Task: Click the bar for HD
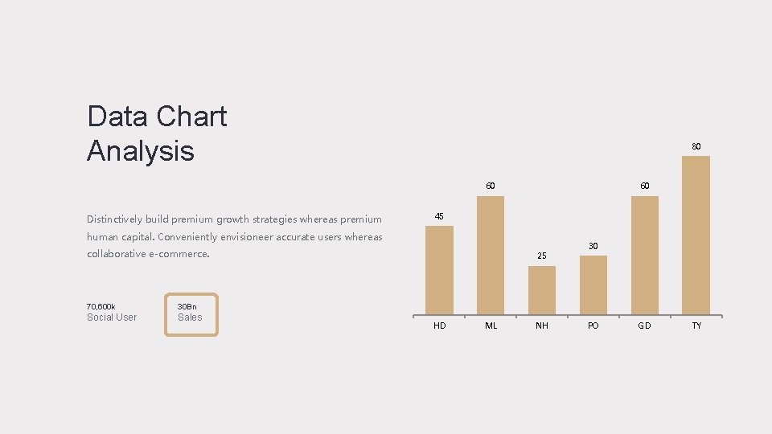pyautogui.click(x=439, y=269)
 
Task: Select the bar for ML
pyautogui.click(x=491, y=255)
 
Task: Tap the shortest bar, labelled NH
pyautogui.click(x=542, y=289)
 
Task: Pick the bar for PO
pyautogui.click(x=593, y=285)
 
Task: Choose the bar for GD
pyautogui.click(x=645, y=255)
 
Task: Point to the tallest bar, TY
pyautogui.click(x=696, y=235)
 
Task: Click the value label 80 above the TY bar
pyautogui.click(x=696, y=146)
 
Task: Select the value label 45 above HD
pyautogui.click(x=439, y=217)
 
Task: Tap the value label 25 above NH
pyautogui.click(x=542, y=256)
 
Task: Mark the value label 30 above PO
pyautogui.click(x=593, y=246)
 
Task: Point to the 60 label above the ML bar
pyautogui.click(x=491, y=186)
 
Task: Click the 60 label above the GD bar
pyautogui.click(x=645, y=186)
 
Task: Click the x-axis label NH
pyautogui.click(x=542, y=325)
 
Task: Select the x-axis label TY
pyautogui.click(x=696, y=325)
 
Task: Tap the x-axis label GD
pyautogui.click(x=645, y=325)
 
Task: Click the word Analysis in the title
pyautogui.click(x=141, y=151)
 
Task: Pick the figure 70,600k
pyautogui.click(x=101, y=306)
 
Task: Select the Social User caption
pyautogui.click(x=112, y=317)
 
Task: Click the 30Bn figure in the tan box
pyautogui.click(x=187, y=306)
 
